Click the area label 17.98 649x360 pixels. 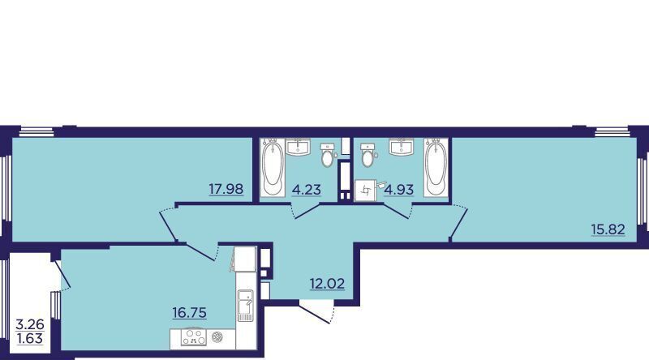(x=226, y=189)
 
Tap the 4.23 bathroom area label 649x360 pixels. (x=307, y=190)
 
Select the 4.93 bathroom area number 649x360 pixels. (x=399, y=190)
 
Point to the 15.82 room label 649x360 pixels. (x=608, y=229)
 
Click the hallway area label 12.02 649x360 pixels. (x=328, y=284)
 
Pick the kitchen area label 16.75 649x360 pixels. (x=190, y=312)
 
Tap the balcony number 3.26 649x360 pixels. (x=30, y=324)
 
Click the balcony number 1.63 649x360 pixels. (x=30, y=338)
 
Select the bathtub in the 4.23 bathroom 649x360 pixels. (x=273, y=167)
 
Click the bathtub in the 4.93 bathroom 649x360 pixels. (x=436, y=167)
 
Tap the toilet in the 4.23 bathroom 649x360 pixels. (x=328, y=155)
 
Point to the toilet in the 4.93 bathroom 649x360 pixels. (x=367, y=155)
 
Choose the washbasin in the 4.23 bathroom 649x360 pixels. (x=298, y=147)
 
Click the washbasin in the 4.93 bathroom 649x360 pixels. (x=401, y=147)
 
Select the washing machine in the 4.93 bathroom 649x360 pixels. (x=365, y=191)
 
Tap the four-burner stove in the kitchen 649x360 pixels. (x=194, y=337)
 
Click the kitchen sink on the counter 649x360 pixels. (x=245, y=306)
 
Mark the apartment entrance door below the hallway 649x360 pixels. (x=318, y=313)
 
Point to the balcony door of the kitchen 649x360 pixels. (x=62, y=274)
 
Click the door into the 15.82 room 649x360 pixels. (x=458, y=223)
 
